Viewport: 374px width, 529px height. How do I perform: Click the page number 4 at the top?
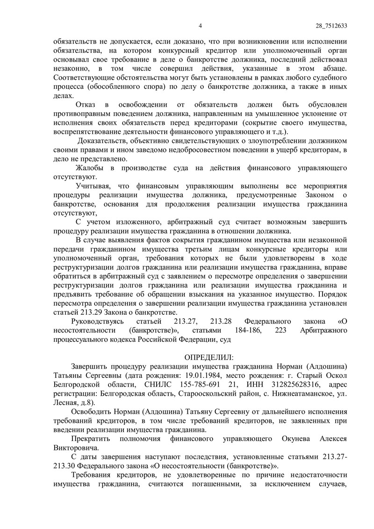[200, 26]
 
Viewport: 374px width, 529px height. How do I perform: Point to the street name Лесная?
[65, 402]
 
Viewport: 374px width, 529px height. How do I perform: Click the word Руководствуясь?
[97, 321]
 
